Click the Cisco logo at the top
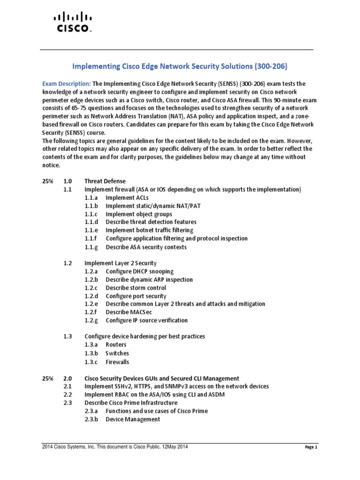tap(71, 22)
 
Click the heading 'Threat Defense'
tap(105, 181)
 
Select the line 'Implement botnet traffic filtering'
tap(149, 230)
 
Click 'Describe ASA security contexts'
tap(146, 247)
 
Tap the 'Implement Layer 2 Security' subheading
tap(120, 263)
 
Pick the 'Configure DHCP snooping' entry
tap(139, 271)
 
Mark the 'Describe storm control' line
tap(135, 288)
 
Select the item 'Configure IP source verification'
tap(146, 320)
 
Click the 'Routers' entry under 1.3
tap(116, 345)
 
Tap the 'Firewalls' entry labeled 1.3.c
tap(117, 362)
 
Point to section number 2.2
tap(67, 395)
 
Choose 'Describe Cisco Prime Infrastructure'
tap(131, 403)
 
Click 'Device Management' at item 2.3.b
tap(133, 419)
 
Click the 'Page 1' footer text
tap(311, 448)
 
